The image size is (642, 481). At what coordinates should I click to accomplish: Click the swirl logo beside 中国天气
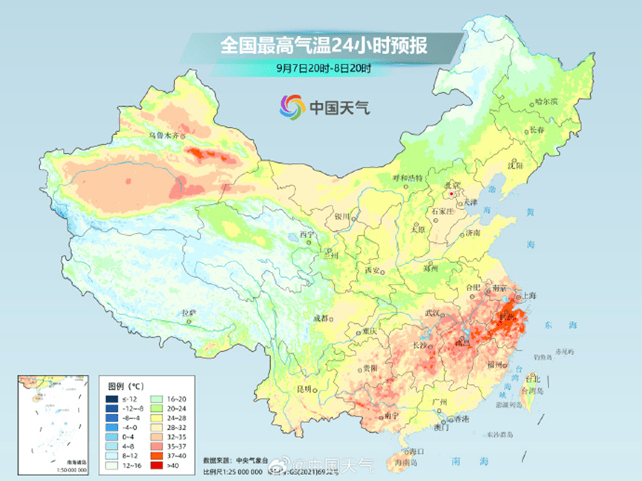292,107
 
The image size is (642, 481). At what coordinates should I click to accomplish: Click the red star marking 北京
450,193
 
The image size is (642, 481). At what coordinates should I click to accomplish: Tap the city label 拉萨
189,314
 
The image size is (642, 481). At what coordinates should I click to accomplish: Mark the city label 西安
373,271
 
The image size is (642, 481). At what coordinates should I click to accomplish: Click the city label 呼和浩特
407,178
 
